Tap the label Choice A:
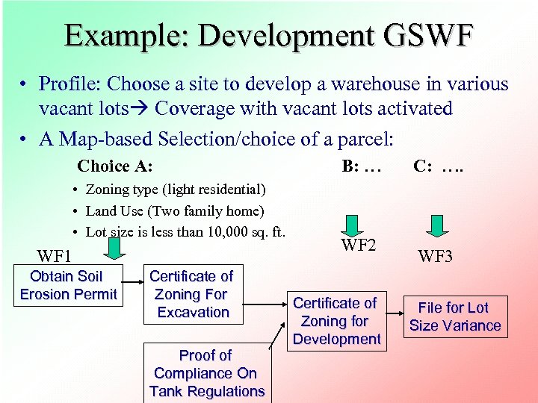[115, 166]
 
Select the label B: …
[362, 166]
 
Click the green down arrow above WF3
[436, 225]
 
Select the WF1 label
[54, 257]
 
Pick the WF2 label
[359, 246]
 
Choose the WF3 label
[436, 257]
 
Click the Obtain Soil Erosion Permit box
[68, 285]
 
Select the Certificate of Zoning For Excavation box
[191, 294]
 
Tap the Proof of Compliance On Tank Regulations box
[207, 373]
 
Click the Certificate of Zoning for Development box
[336, 321]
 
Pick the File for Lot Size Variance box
[454, 316]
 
